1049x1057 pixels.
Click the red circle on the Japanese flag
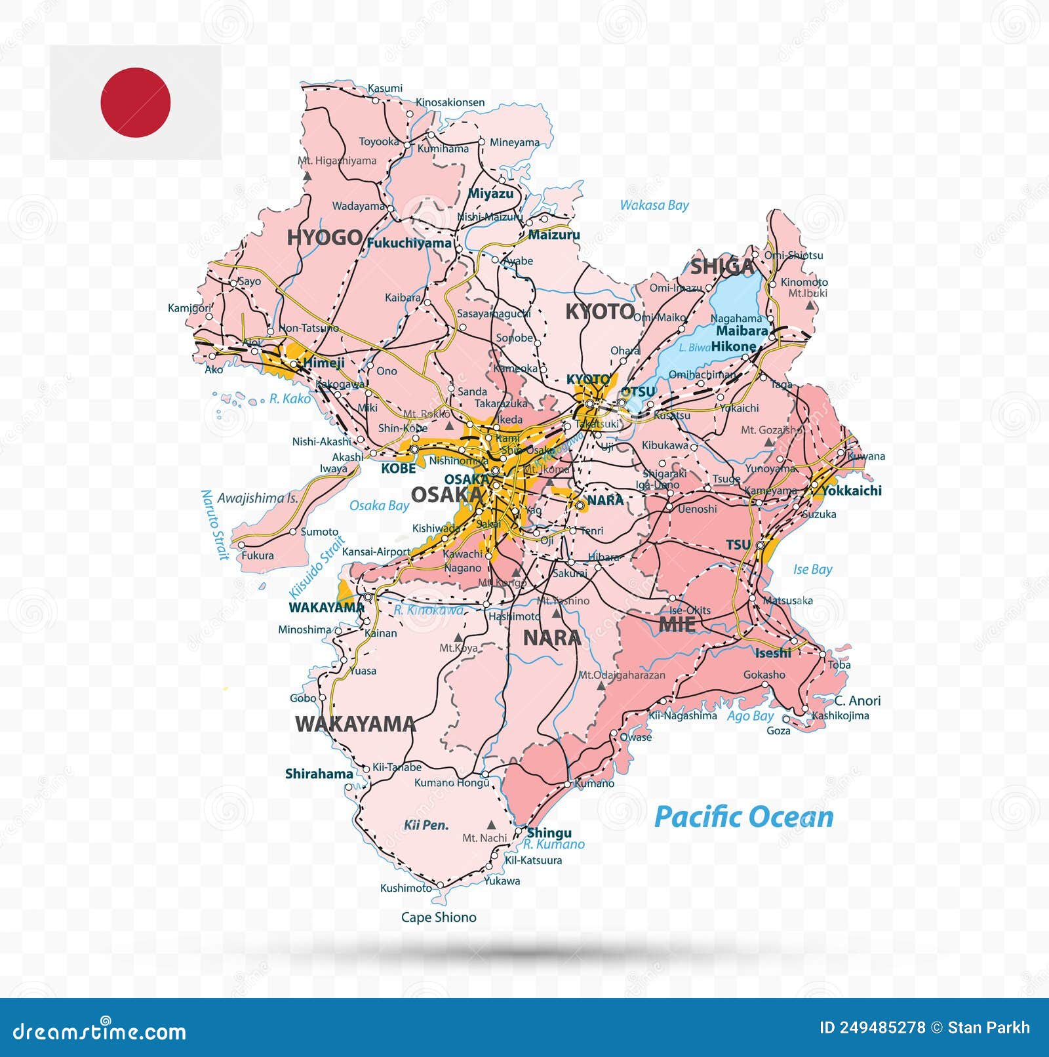tap(136, 102)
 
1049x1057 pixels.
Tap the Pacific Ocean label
tap(744, 817)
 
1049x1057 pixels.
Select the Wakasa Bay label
tap(654, 205)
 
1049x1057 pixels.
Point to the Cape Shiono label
tap(439, 917)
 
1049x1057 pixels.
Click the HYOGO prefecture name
tap(325, 237)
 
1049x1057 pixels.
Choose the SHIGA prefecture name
tap(722, 266)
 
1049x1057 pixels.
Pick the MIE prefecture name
tap(677, 624)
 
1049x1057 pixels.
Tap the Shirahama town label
tap(319, 774)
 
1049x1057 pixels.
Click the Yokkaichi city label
tap(852, 490)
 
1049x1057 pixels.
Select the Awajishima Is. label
tap(258, 498)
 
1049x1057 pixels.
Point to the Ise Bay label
tap(812, 569)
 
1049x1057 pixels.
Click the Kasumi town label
tap(385, 88)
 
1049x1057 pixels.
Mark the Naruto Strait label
tap(214, 525)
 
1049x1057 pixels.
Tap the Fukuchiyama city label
tap(409, 243)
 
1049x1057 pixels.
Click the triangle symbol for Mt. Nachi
tap(490, 824)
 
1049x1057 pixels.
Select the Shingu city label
tap(549, 833)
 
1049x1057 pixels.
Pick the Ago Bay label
tap(750, 716)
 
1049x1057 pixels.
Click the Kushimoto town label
tap(406, 888)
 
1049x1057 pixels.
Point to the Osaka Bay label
tap(379, 506)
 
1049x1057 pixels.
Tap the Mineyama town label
tap(515, 142)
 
